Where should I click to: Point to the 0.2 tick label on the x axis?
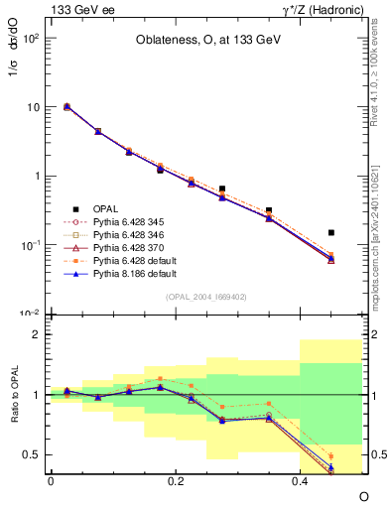pos(176,480)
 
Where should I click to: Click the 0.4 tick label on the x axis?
pos(300,480)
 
